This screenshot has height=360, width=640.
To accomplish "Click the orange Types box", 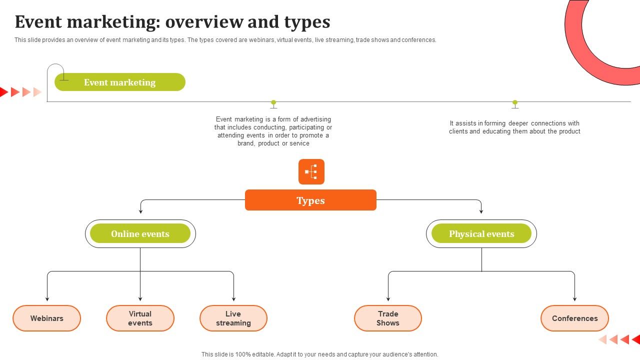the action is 310,200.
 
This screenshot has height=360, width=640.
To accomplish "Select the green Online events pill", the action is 140,233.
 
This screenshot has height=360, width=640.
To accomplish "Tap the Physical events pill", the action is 481,233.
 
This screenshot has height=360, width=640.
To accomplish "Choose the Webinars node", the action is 47,318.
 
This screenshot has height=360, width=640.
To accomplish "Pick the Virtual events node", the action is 140,318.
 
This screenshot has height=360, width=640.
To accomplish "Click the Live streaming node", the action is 233,318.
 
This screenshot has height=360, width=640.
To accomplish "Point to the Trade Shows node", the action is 388,318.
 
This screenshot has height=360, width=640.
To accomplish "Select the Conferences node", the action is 574,318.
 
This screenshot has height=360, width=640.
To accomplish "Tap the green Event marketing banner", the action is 120,82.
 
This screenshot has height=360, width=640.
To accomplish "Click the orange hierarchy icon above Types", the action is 311,171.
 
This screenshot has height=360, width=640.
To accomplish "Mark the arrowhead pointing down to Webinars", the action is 47,299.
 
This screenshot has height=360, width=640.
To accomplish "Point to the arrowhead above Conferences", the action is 574,299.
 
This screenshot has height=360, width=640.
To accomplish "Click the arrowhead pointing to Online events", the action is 140,211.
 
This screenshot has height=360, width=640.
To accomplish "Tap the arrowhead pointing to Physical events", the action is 481,211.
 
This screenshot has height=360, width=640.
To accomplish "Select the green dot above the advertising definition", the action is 273,102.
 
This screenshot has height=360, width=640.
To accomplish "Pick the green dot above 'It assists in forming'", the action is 515,102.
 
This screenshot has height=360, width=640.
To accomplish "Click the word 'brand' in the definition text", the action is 245,143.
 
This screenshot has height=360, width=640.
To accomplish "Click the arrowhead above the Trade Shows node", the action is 388,299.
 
